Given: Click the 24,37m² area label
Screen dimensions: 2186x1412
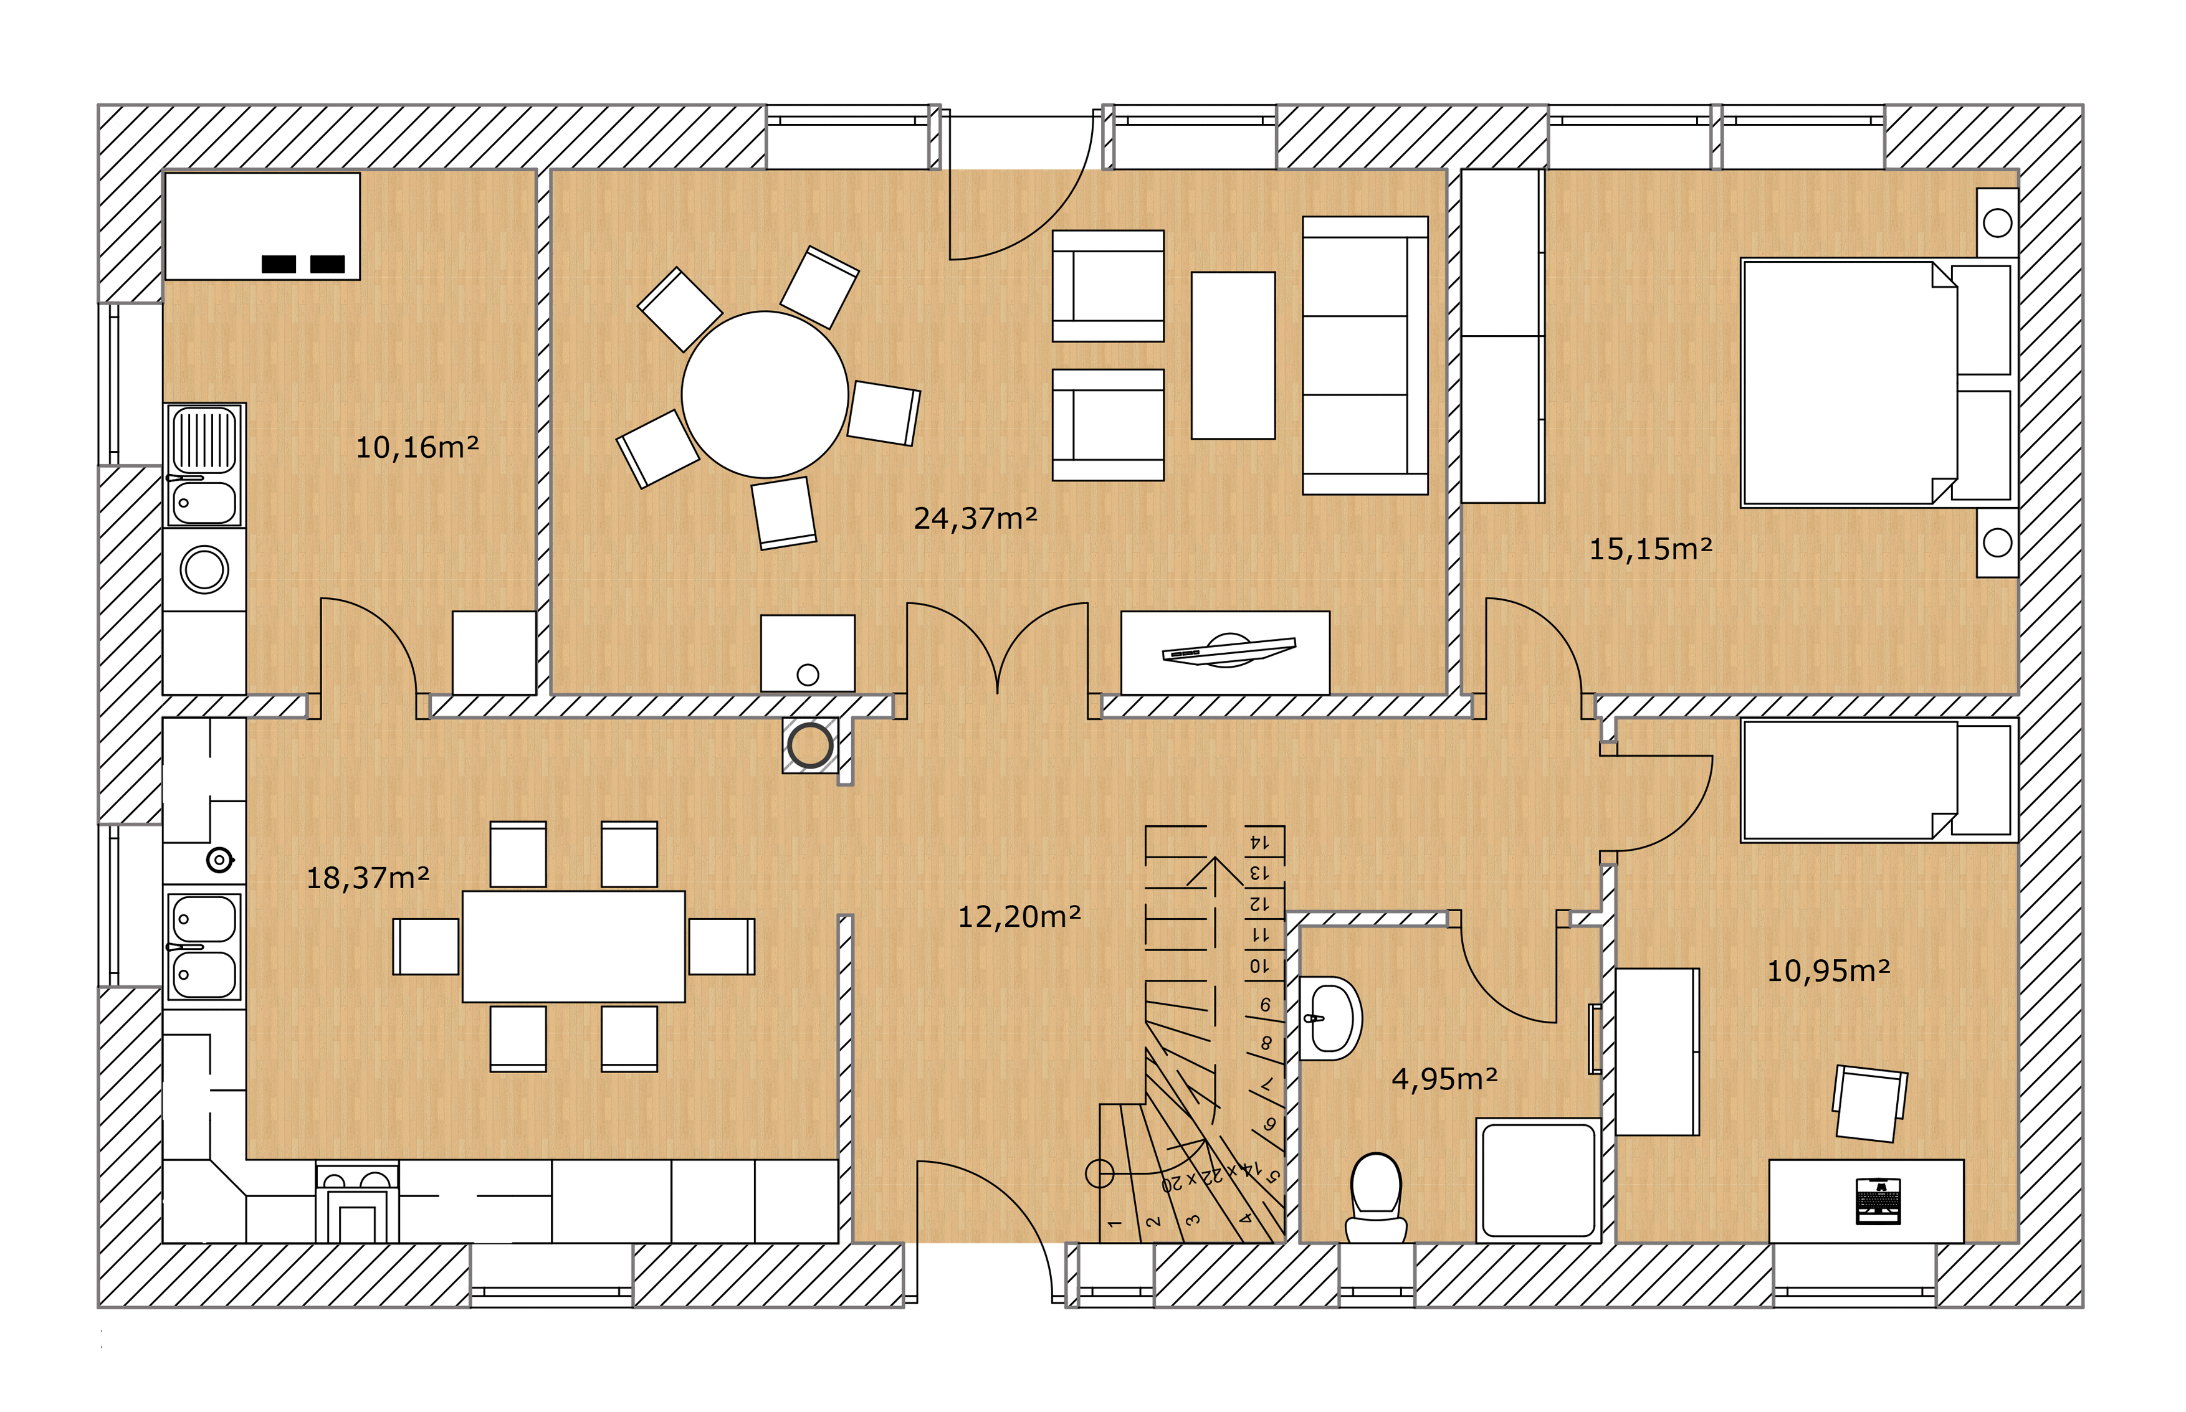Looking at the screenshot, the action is tap(975, 519).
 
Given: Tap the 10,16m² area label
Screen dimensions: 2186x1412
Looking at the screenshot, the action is tap(418, 447).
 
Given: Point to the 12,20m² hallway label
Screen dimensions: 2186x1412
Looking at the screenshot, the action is tap(1019, 917).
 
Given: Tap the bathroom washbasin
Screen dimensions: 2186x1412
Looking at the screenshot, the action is tap(1330, 1018).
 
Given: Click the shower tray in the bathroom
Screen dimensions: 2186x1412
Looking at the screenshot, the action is tap(1539, 1180).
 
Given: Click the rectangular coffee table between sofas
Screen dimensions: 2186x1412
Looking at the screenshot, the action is tap(1233, 355).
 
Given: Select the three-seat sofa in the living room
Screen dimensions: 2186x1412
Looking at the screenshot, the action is tap(1365, 356).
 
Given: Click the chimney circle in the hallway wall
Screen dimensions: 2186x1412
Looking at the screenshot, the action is tap(810, 746).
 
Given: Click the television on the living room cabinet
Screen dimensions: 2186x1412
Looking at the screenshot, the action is tap(1228, 650).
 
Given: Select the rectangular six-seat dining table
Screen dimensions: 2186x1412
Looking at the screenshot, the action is tap(573, 946).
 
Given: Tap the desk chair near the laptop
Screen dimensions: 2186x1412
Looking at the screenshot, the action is tap(1869, 1104).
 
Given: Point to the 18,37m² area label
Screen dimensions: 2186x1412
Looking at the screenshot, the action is tap(367, 878).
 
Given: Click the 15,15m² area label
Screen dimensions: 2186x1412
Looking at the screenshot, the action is tap(1650, 549).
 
